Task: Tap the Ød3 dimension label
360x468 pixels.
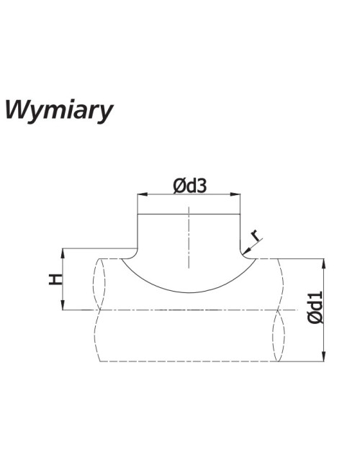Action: pyautogui.click(x=190, y=186)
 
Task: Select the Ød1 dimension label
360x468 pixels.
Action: pyautogui.click(x=316, y=307)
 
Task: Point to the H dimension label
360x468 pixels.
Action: pyautogui.click(x=55, y=279)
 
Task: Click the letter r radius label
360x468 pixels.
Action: pyautogui.click(x=256, y=235)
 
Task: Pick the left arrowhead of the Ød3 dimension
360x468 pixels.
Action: pyautogui.click(x=142, y=194)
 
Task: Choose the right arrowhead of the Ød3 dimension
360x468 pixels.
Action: pyautogui.click(x=235, y=194)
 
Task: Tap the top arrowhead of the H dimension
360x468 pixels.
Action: pyautogui.click(x=63, y=253)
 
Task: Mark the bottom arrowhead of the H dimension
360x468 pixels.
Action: pyautogui.click(x=63, y=305)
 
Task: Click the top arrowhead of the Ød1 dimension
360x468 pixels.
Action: pyautogui.click(x=323, y=264)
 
